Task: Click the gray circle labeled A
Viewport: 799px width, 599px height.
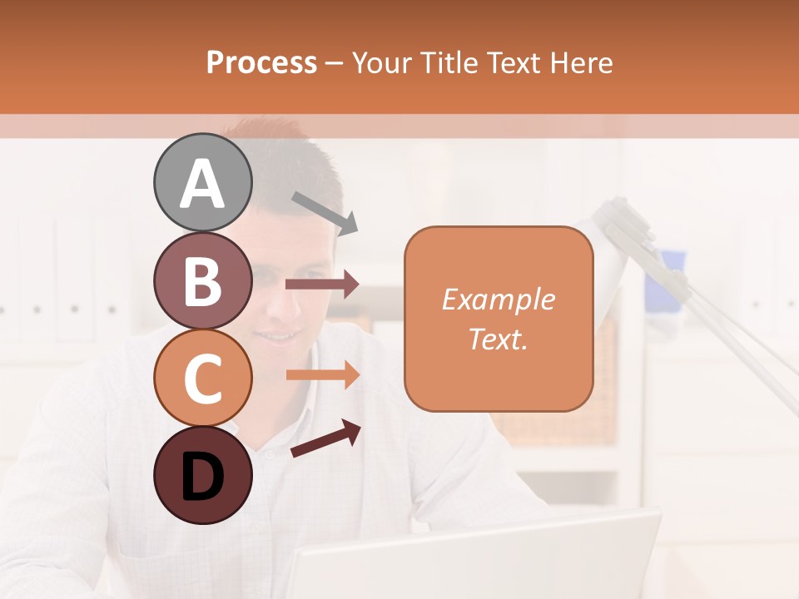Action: point(202,182)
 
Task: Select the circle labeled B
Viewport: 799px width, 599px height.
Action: point(202,280)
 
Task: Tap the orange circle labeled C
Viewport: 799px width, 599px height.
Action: point(202,378)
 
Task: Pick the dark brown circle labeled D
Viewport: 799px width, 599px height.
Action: point(202,475)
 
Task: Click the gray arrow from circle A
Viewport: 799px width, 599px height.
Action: point(324,212)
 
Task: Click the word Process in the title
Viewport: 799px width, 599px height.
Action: point(261,63)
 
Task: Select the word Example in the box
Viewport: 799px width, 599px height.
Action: point(498,299)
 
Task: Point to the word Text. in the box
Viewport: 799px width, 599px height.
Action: point(498,339)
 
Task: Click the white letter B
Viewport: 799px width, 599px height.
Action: point(202,280)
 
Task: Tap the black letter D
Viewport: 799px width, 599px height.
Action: point(202,477)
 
